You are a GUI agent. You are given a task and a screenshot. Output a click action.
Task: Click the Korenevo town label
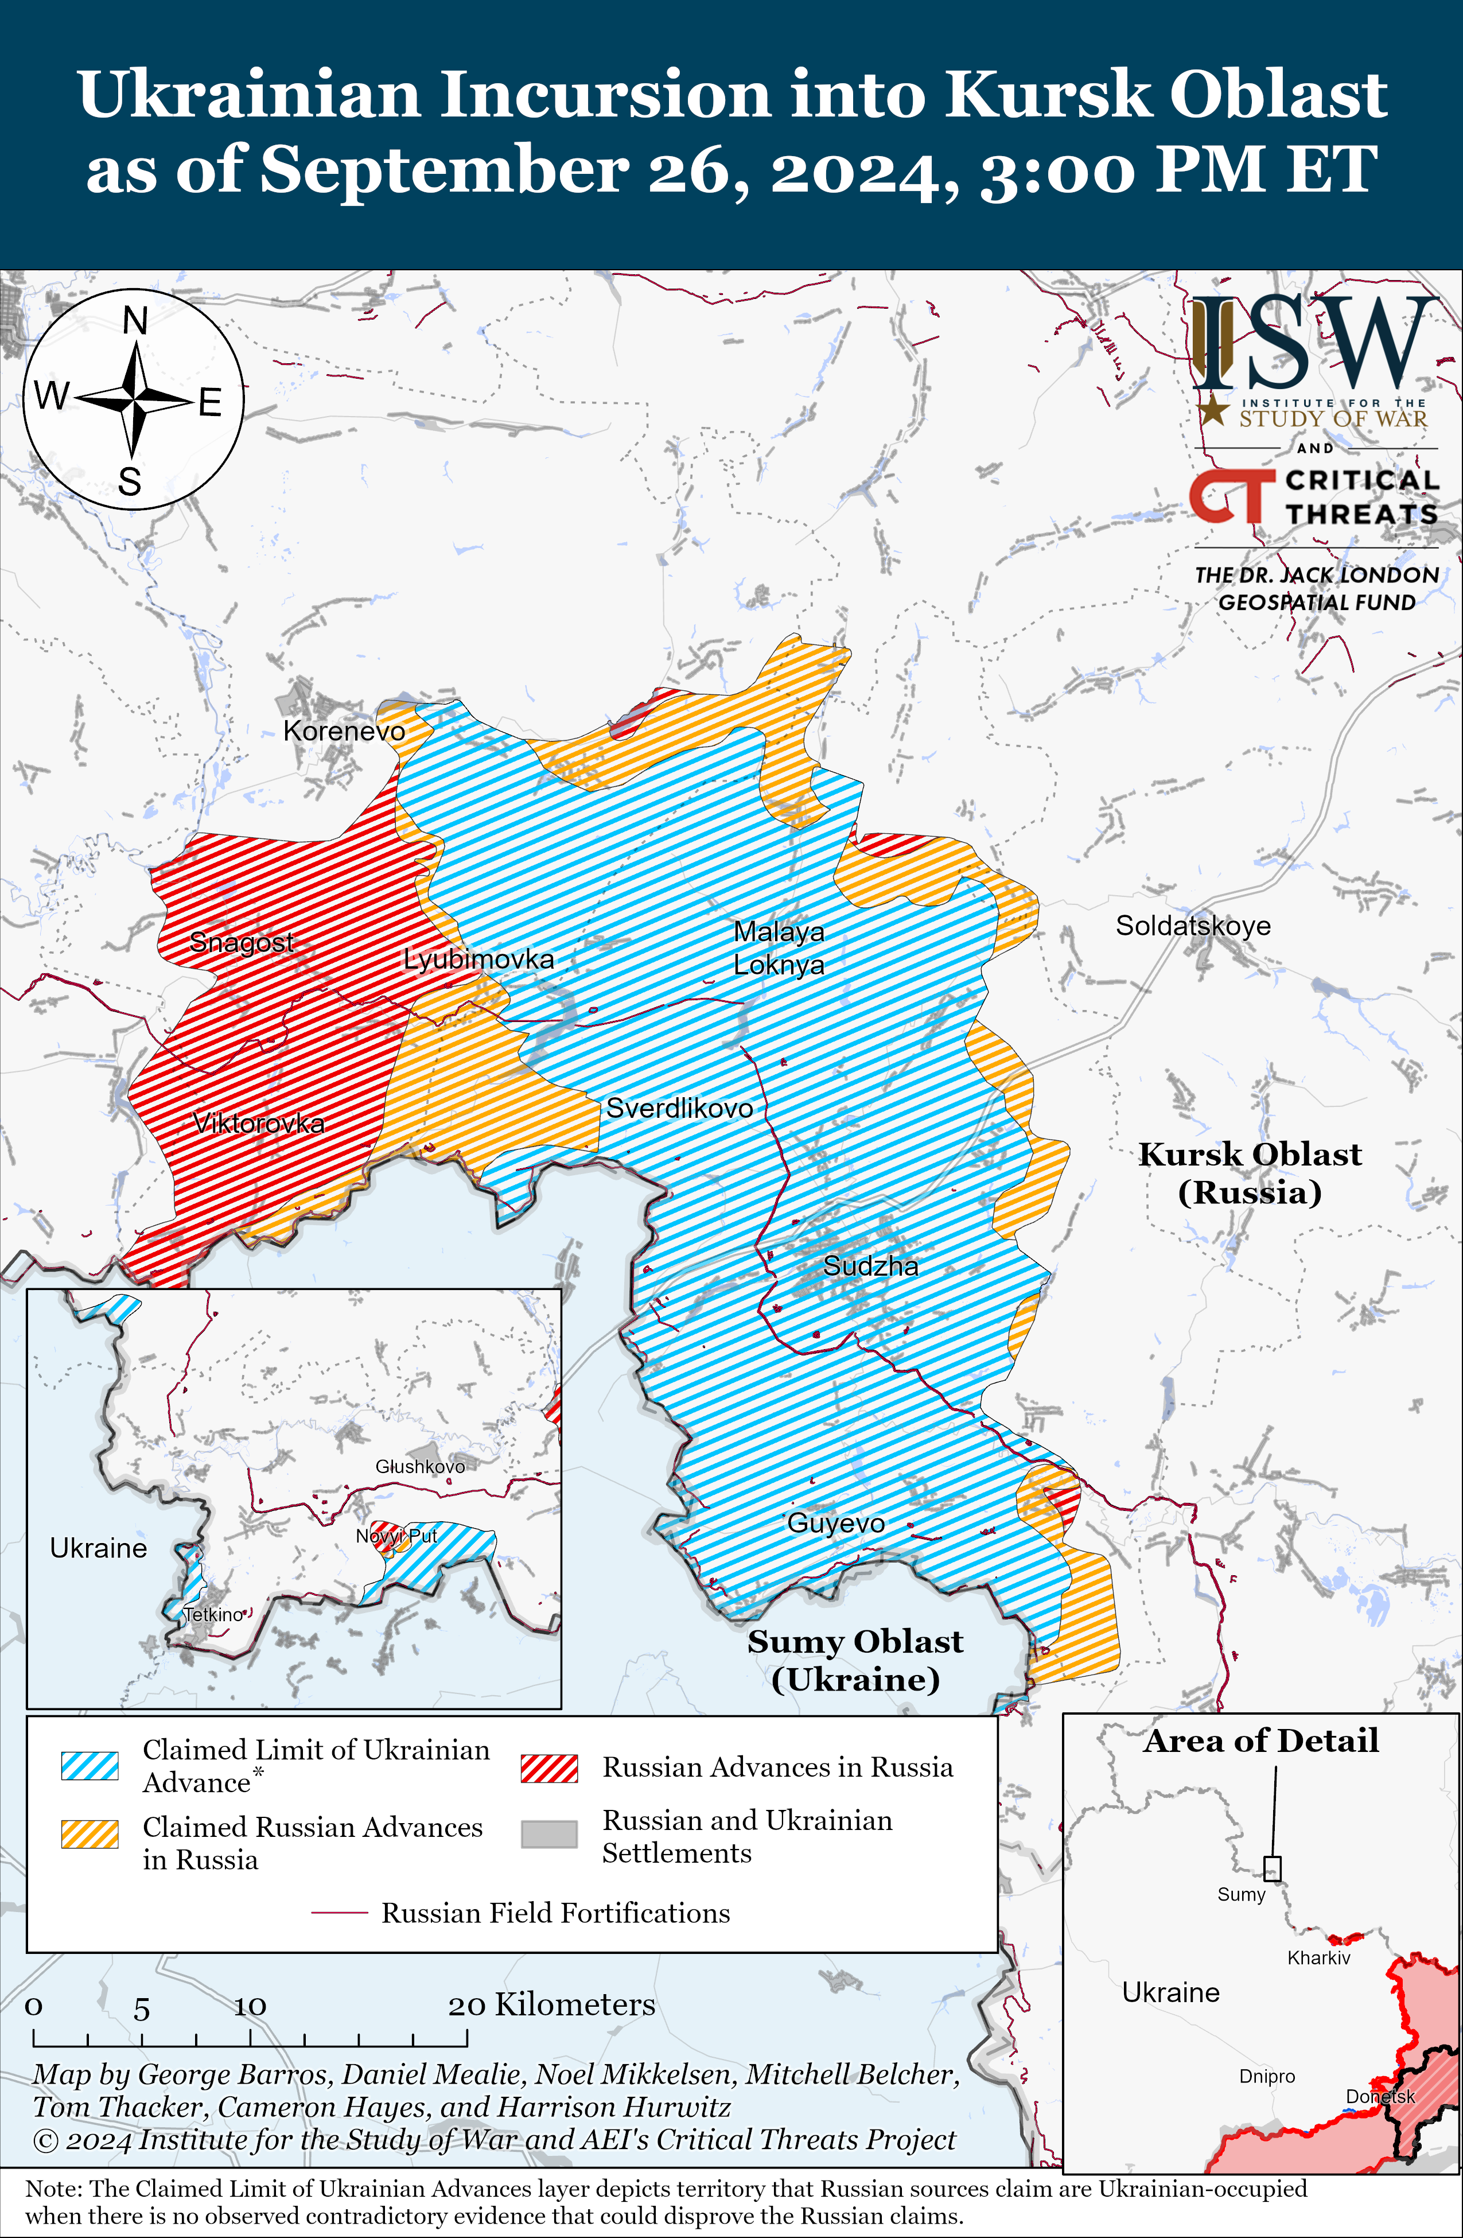[x=344, y=731]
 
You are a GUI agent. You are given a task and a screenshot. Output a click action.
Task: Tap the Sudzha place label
[x=871, y=1266]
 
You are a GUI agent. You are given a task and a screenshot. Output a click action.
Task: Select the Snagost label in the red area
[x=242, y=941]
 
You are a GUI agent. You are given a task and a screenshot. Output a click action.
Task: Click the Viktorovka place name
[x=259, y=1123]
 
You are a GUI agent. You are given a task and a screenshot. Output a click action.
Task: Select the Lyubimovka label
[x=478, y=959]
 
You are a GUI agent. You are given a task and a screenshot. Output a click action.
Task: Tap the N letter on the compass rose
[x=135, y=321]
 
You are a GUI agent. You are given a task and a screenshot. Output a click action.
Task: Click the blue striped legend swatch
[x=90, y=1765]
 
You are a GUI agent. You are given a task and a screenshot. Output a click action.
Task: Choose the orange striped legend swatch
[x=90, y=1835]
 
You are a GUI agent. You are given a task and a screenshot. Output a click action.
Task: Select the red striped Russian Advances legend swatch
[x=549, y=1768]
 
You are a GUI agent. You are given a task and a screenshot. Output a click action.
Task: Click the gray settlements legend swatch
[x=549, y=1835]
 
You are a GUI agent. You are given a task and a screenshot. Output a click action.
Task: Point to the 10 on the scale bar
[x=250, y=2007]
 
